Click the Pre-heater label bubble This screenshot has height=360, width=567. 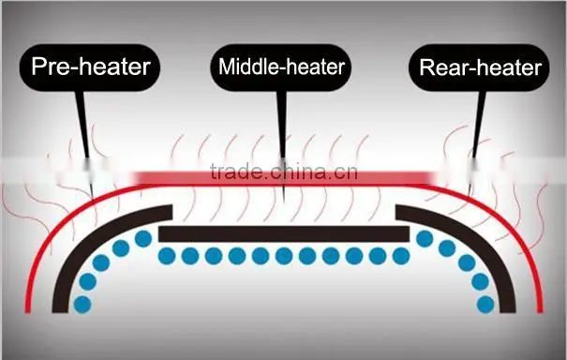coord(90,67)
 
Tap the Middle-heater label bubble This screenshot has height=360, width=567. coord(281,67)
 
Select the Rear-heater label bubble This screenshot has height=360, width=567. coord(479,67)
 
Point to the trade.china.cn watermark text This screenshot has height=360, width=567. coord(284,172)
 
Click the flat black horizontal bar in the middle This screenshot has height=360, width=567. coord(284,234)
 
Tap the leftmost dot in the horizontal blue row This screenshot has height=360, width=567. coord(167,256)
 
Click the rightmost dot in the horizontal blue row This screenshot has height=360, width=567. coord(401,256)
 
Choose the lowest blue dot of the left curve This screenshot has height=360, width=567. coord(82,305)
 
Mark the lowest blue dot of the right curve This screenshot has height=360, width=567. coord(485,305)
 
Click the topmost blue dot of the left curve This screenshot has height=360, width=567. coord(143,239)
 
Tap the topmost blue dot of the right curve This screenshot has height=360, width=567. coord(425,239)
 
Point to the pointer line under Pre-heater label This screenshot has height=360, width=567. coord(84,144)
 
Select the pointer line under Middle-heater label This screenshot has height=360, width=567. coord(282,144)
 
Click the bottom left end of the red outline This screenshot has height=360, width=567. coord(27,312)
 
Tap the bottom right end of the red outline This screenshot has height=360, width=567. coord(540,312)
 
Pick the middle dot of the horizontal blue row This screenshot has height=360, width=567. coord(284,256)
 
